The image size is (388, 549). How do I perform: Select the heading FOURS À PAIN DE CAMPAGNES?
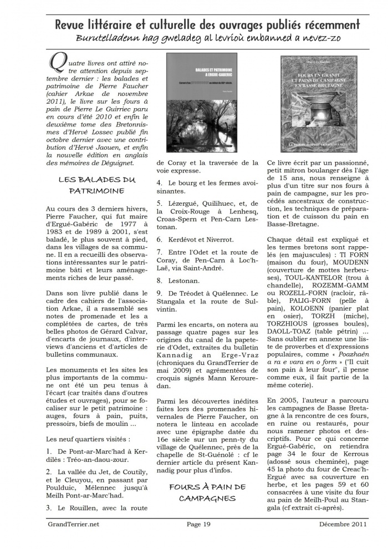point(207,492)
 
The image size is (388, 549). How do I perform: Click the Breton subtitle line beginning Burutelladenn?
point(207,38)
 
